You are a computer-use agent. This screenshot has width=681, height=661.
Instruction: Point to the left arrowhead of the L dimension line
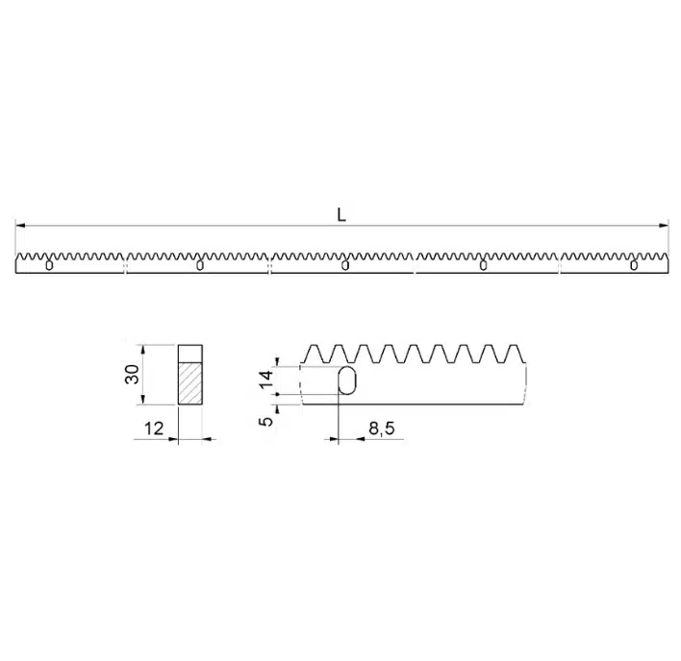[x=20, y=227]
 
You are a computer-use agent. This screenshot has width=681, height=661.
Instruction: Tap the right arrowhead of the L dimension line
[x=664, y=227]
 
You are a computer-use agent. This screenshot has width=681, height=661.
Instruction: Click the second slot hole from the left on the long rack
[x=199, y=266]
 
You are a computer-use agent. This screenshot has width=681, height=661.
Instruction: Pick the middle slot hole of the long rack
[x=344, y=266]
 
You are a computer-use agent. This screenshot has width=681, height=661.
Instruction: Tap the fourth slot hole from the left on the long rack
[x=482, y=266]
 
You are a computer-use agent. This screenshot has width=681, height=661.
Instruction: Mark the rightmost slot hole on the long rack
[x=633, y=266]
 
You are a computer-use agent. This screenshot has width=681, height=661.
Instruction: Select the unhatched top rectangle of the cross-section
[x=190, y=353]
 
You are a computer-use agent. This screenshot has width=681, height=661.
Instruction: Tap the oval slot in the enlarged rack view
[x=347, y=381]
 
